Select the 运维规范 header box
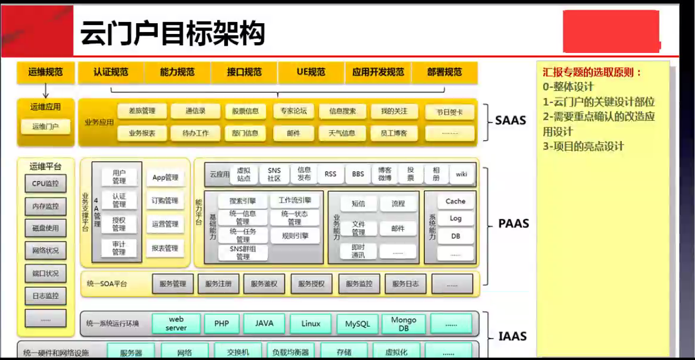[45, 73]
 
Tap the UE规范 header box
[311, 73]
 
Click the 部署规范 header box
[444, 73]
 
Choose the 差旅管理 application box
[142, 111]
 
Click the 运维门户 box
[45, 126]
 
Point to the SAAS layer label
[511, 120]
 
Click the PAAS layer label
[512, 224]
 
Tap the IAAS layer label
[512, 336]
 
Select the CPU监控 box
[46, 183]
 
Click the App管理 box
[165, 177]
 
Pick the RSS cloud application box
[330, 174]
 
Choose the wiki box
[461, 174]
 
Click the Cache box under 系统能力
[455, 201]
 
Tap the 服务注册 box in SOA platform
[218, 284]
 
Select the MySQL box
[357, 324]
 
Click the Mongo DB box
[403, 324]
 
